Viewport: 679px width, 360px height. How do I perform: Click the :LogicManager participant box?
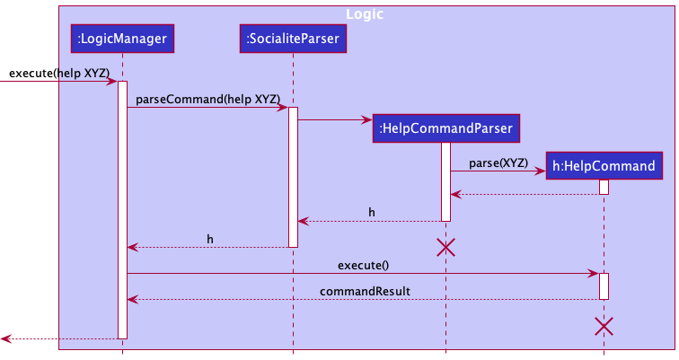point(122,38)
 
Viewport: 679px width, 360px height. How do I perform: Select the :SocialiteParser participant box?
point(293,38)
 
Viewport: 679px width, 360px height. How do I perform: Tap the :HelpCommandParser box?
point(445,128)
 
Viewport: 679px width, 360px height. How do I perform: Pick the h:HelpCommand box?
point(604,164)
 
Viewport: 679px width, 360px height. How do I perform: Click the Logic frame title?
point(366,14)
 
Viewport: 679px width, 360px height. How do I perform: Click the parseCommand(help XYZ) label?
point(207,97)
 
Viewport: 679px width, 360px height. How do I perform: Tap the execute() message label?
point(363,265)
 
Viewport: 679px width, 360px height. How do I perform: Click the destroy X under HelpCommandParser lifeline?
point(445,248)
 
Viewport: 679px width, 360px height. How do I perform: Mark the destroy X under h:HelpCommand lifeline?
point(604,326)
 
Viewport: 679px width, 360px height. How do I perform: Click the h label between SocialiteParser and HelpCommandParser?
point(372,212)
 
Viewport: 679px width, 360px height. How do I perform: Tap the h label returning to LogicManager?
point(210,238)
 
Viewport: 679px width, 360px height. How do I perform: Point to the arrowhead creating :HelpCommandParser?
point(367,119)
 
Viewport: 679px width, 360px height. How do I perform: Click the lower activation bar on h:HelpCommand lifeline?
point(604,285)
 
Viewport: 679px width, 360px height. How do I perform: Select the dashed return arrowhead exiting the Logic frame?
point(5,338)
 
